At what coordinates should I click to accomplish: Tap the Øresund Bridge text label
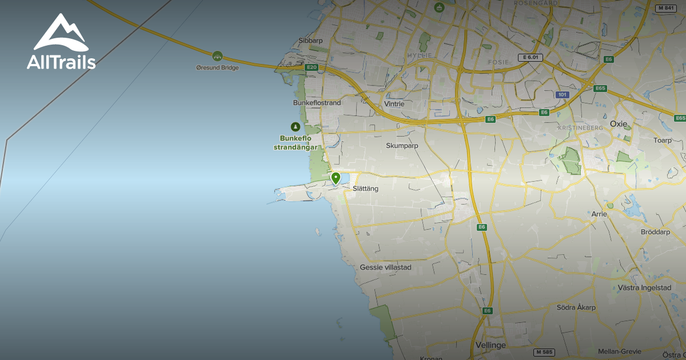pos(217,67)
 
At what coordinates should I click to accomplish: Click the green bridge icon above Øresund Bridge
pos(217,56)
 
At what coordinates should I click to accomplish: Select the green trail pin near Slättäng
pos(336,178)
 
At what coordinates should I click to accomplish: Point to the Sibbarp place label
pos(311,41)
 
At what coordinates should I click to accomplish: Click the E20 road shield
pos(311,67)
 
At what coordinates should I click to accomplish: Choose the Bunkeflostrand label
pos(317,103)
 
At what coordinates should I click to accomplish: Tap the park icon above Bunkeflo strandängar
pos(295,127)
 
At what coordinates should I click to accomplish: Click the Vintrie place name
pos(394,104)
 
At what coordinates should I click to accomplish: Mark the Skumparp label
pos(402,146)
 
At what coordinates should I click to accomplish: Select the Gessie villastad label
pos(385,267)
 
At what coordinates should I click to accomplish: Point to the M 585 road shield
pos(545,352)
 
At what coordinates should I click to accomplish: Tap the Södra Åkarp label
pos(576,307)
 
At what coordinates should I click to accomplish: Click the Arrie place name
pos(600,214)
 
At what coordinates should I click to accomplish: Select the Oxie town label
pos(619,123)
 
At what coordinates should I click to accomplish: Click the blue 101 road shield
pos(563,94)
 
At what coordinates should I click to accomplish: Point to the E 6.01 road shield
pos(529,58)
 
